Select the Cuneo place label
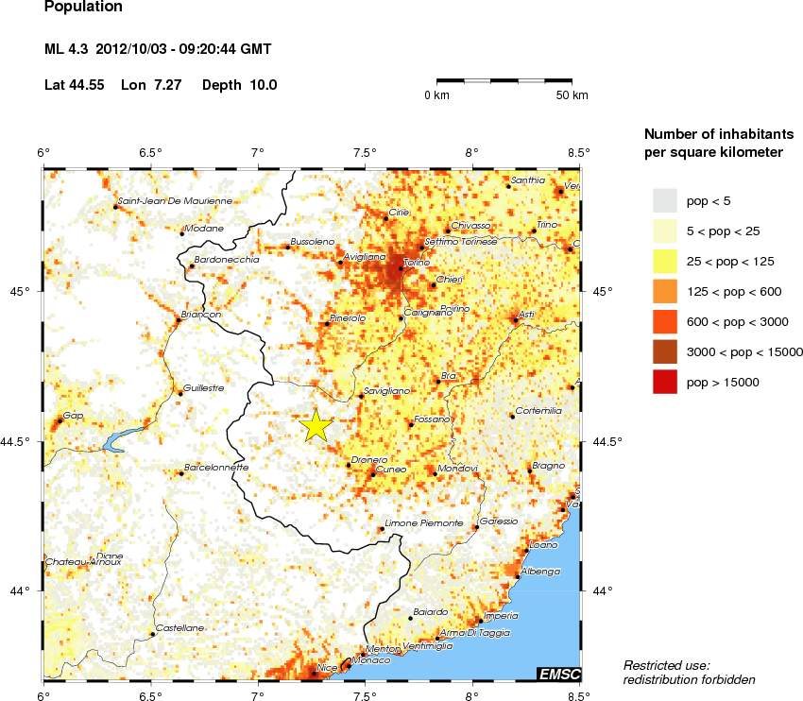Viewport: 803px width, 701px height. coord(391,469)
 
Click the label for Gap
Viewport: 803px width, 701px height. coord(73,416)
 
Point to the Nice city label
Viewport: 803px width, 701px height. coord(328,668)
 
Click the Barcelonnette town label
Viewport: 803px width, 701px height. coord(215,467)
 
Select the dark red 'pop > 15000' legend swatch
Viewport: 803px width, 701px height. coord(665,382)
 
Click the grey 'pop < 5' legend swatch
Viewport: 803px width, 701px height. coord(665,199)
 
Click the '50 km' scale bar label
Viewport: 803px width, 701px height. coord(572,95)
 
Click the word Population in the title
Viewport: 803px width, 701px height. coord(83,7)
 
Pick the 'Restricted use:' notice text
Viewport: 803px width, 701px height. coord(666,665)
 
